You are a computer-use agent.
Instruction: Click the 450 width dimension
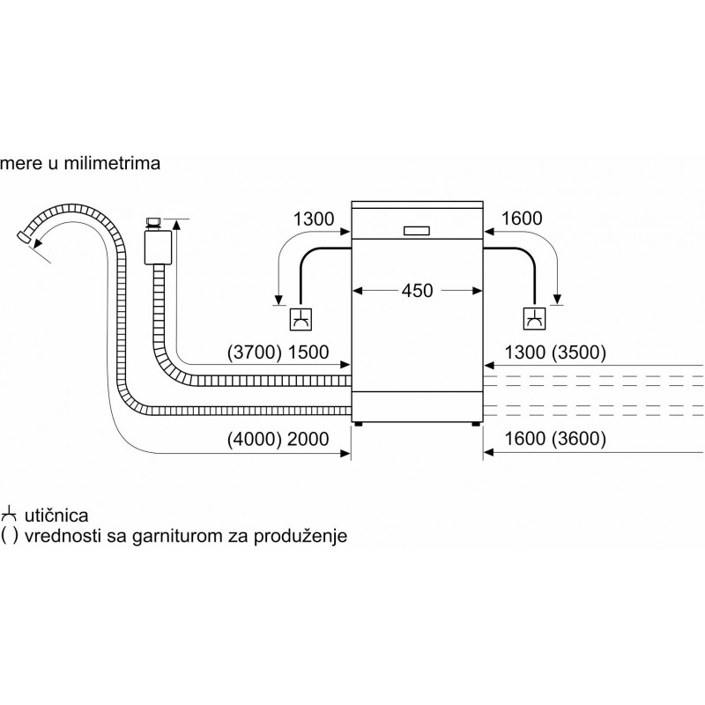click(x=417, y=290)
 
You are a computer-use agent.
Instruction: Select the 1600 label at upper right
click(x=521, y=218)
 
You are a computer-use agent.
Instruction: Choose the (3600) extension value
click(x=574, y=439)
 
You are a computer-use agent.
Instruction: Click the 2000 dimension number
click(x=308, y=439)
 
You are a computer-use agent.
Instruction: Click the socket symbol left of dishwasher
click(x=301, y=317)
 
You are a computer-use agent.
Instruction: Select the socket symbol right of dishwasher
click(x=534, y=317)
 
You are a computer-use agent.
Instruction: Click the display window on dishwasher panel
click(x=417, y=230)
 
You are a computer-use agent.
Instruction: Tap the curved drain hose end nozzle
click(x=26, y=236)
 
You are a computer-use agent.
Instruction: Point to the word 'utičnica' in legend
click(x=57, y=514)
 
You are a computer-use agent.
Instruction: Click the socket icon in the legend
click(x=10, y=513)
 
